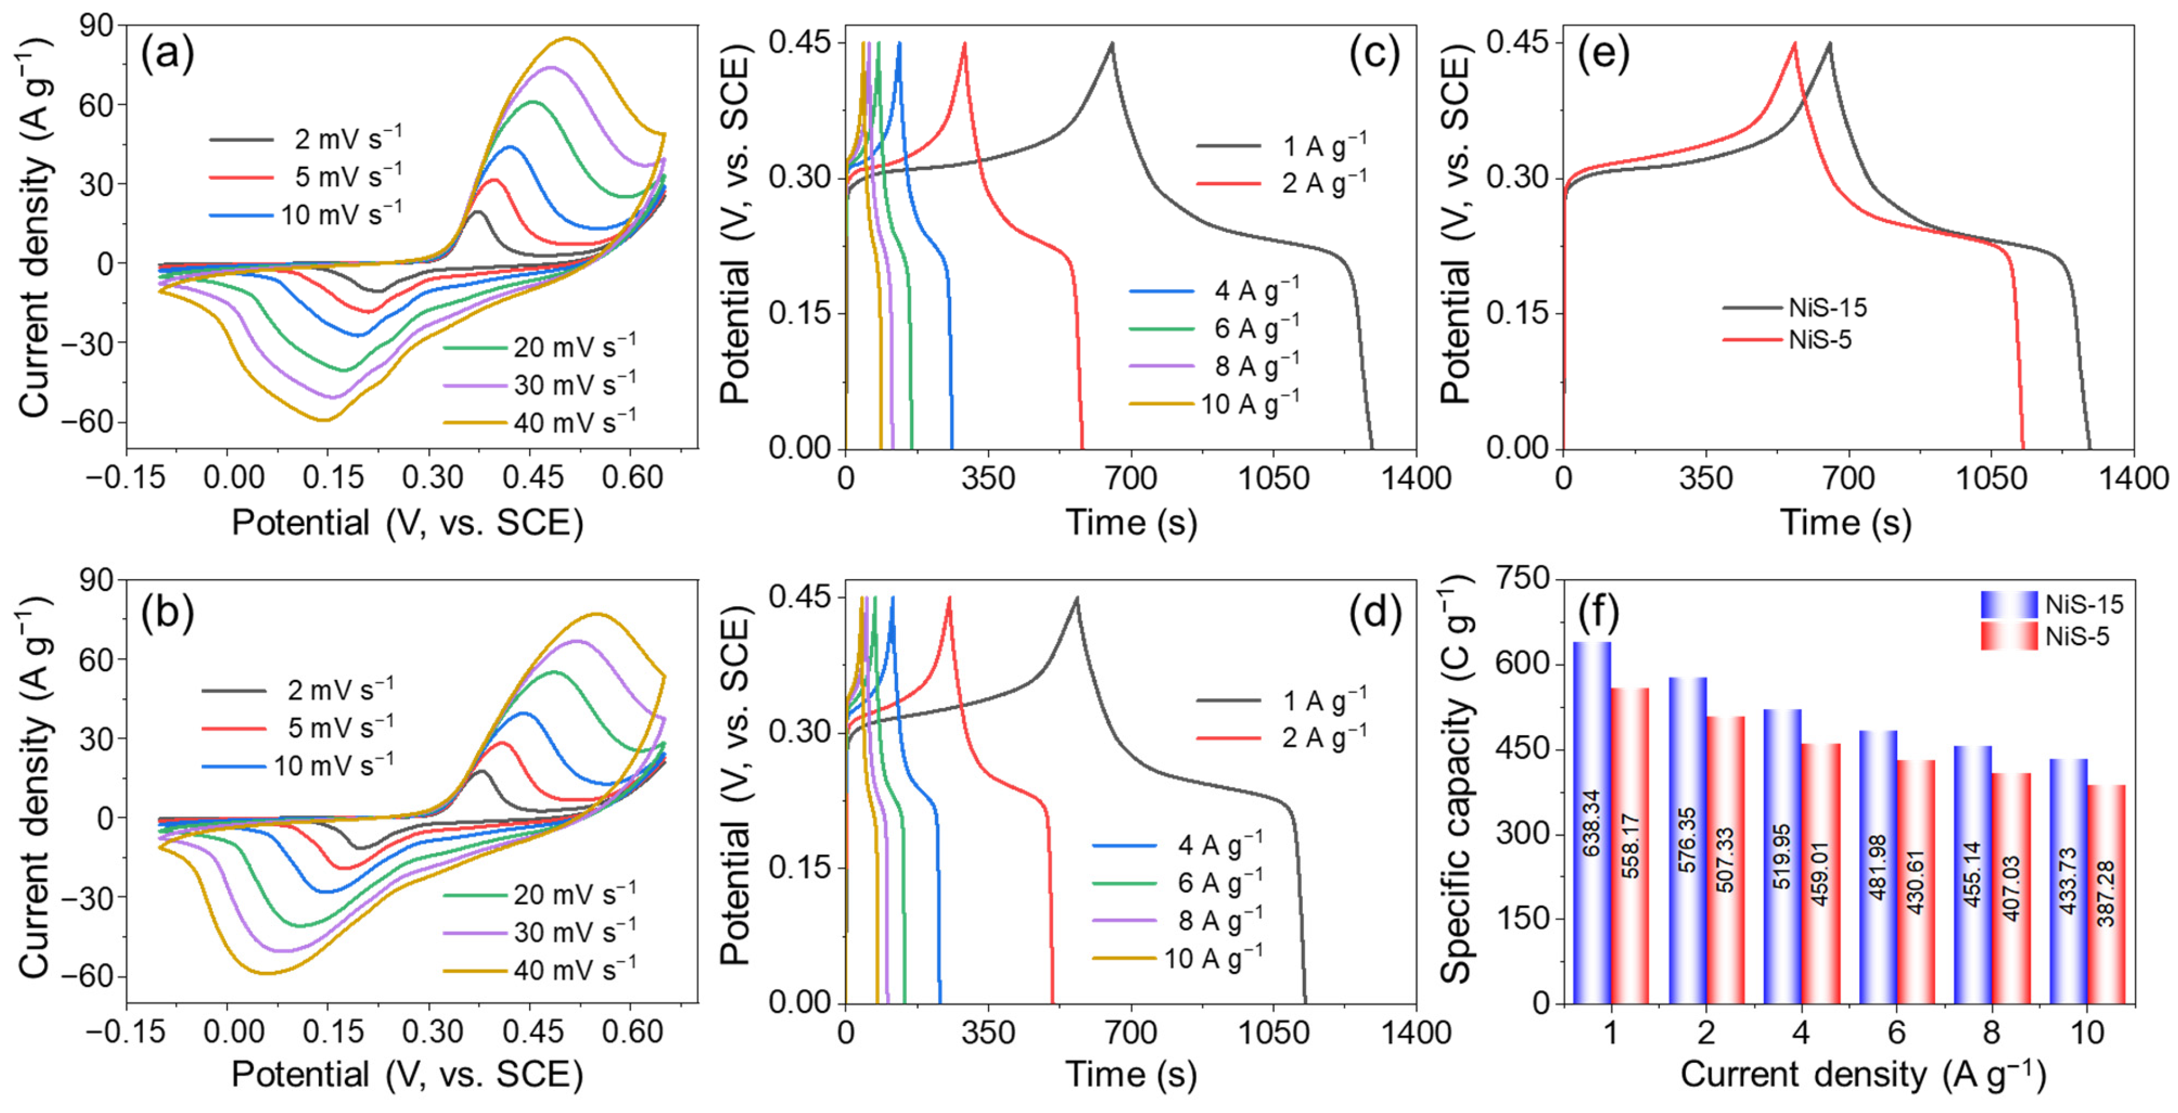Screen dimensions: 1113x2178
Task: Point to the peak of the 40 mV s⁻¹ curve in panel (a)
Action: tap(566, 38)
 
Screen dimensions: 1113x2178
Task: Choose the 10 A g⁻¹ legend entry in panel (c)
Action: tap(1249, 404)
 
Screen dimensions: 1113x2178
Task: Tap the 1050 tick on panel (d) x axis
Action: tap(1274, 1033)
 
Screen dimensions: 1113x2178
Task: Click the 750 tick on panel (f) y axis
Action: tap(1522, 580)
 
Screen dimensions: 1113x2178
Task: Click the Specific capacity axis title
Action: tap(1456, 778)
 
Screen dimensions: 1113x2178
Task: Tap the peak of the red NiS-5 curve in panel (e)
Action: tap(1794, 43)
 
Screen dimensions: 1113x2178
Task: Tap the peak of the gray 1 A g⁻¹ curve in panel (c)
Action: tap(1112, 43)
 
